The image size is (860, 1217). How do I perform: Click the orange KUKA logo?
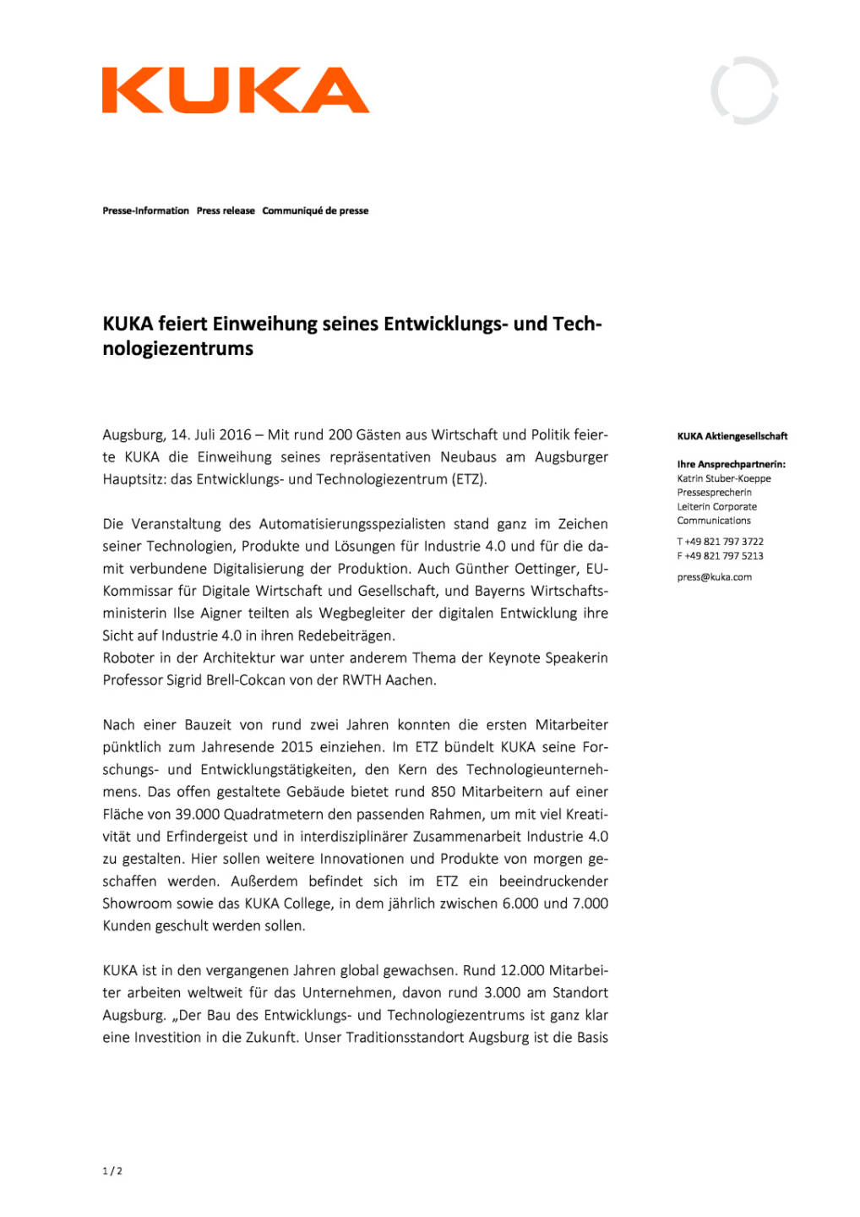pos(235,90)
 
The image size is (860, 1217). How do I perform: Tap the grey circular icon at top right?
pos(744,90)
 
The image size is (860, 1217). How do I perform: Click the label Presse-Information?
pos(145,210)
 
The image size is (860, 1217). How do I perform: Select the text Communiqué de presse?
pos(315,210)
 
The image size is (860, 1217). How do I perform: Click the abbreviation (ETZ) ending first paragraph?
pos(469,479)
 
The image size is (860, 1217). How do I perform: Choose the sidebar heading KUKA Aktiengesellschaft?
pos(732,436)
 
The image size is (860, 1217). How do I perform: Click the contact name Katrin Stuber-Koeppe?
pos(723,478)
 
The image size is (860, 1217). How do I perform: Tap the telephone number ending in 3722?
pos(723,542)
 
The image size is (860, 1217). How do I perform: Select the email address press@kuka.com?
pos(714,577)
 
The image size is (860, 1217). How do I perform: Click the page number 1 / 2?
pos(112,1171)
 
